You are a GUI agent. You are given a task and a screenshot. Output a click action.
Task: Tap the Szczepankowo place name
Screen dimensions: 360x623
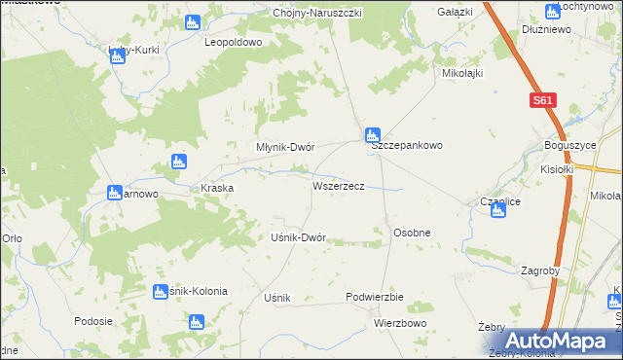point(407,145)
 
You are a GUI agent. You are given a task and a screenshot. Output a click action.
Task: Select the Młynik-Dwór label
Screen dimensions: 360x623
point(284,147)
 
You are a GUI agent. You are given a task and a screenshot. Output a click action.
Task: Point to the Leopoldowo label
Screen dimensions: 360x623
point(234,43)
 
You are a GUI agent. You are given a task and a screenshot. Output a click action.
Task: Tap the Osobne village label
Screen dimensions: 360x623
point(411,234)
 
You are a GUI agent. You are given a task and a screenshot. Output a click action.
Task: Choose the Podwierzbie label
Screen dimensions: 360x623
point(374,297)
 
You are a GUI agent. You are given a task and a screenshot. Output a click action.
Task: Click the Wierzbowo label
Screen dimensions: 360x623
point(400,322)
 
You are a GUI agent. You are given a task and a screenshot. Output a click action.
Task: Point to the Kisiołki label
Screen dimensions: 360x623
point(558,168)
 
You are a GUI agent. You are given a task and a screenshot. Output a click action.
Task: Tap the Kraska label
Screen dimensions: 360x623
point(216,188)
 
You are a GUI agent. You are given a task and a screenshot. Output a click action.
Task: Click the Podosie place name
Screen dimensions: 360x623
point(93,320)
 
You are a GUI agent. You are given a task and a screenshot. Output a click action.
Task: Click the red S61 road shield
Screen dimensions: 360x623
point(542,100)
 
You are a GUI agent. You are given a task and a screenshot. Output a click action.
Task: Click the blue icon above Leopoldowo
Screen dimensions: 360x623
point(193,20)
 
